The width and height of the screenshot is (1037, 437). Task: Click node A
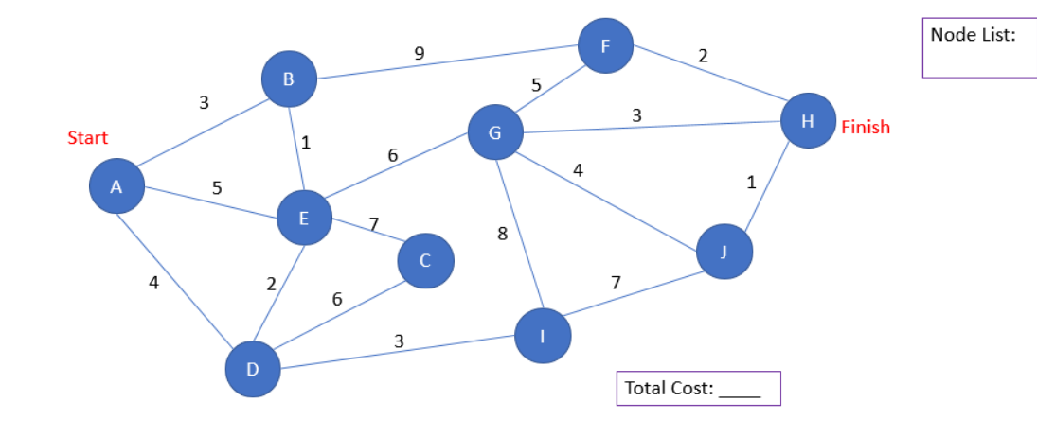(x=116, y=186)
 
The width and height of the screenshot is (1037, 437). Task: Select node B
(x=288, y=79)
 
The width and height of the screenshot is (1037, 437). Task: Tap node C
(x=425, y=260)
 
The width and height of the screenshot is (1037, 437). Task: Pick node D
(x=253, y=369)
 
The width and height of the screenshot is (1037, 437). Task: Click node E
(x=304, y=218)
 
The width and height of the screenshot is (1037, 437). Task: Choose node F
(x=605, y=44)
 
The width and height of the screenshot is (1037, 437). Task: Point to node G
(x=495, y=132)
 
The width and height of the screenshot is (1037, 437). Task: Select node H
(x=808, y=121)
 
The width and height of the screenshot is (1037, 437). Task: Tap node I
(x=543, y=336)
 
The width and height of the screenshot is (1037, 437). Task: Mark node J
(x=724, y=252)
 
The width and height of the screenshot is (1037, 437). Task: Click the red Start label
(x=88, y=138)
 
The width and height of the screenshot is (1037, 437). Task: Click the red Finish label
(x=866, y=128)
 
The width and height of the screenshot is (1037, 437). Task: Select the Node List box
(x=978, y=47)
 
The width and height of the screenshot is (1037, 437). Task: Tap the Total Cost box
(x=698, y=388)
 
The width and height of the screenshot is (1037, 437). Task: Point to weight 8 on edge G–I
(x=502, y=235)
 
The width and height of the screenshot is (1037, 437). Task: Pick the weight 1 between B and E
(x=305, y=144)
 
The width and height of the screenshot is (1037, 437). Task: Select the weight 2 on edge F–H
(x=703, y=56)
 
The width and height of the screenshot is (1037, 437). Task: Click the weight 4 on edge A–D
(x=154, y=281)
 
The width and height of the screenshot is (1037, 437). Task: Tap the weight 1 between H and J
(x=751, y=183)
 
